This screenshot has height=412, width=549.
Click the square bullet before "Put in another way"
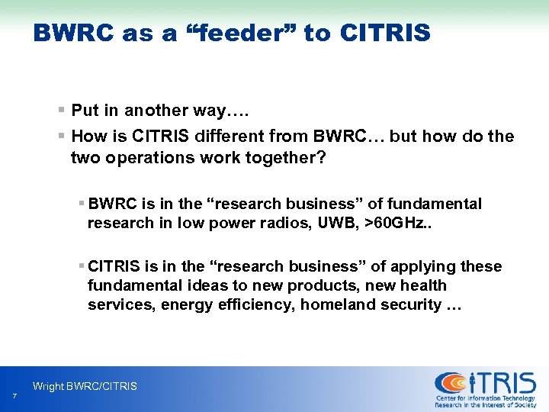tap(62, 111)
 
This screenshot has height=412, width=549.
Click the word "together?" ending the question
tap(272, 158)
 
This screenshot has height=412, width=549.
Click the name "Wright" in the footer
tap(49, 387)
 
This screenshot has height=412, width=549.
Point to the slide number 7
tap(14, 395)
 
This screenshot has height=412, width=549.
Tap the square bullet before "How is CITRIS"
tap(62, 137)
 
